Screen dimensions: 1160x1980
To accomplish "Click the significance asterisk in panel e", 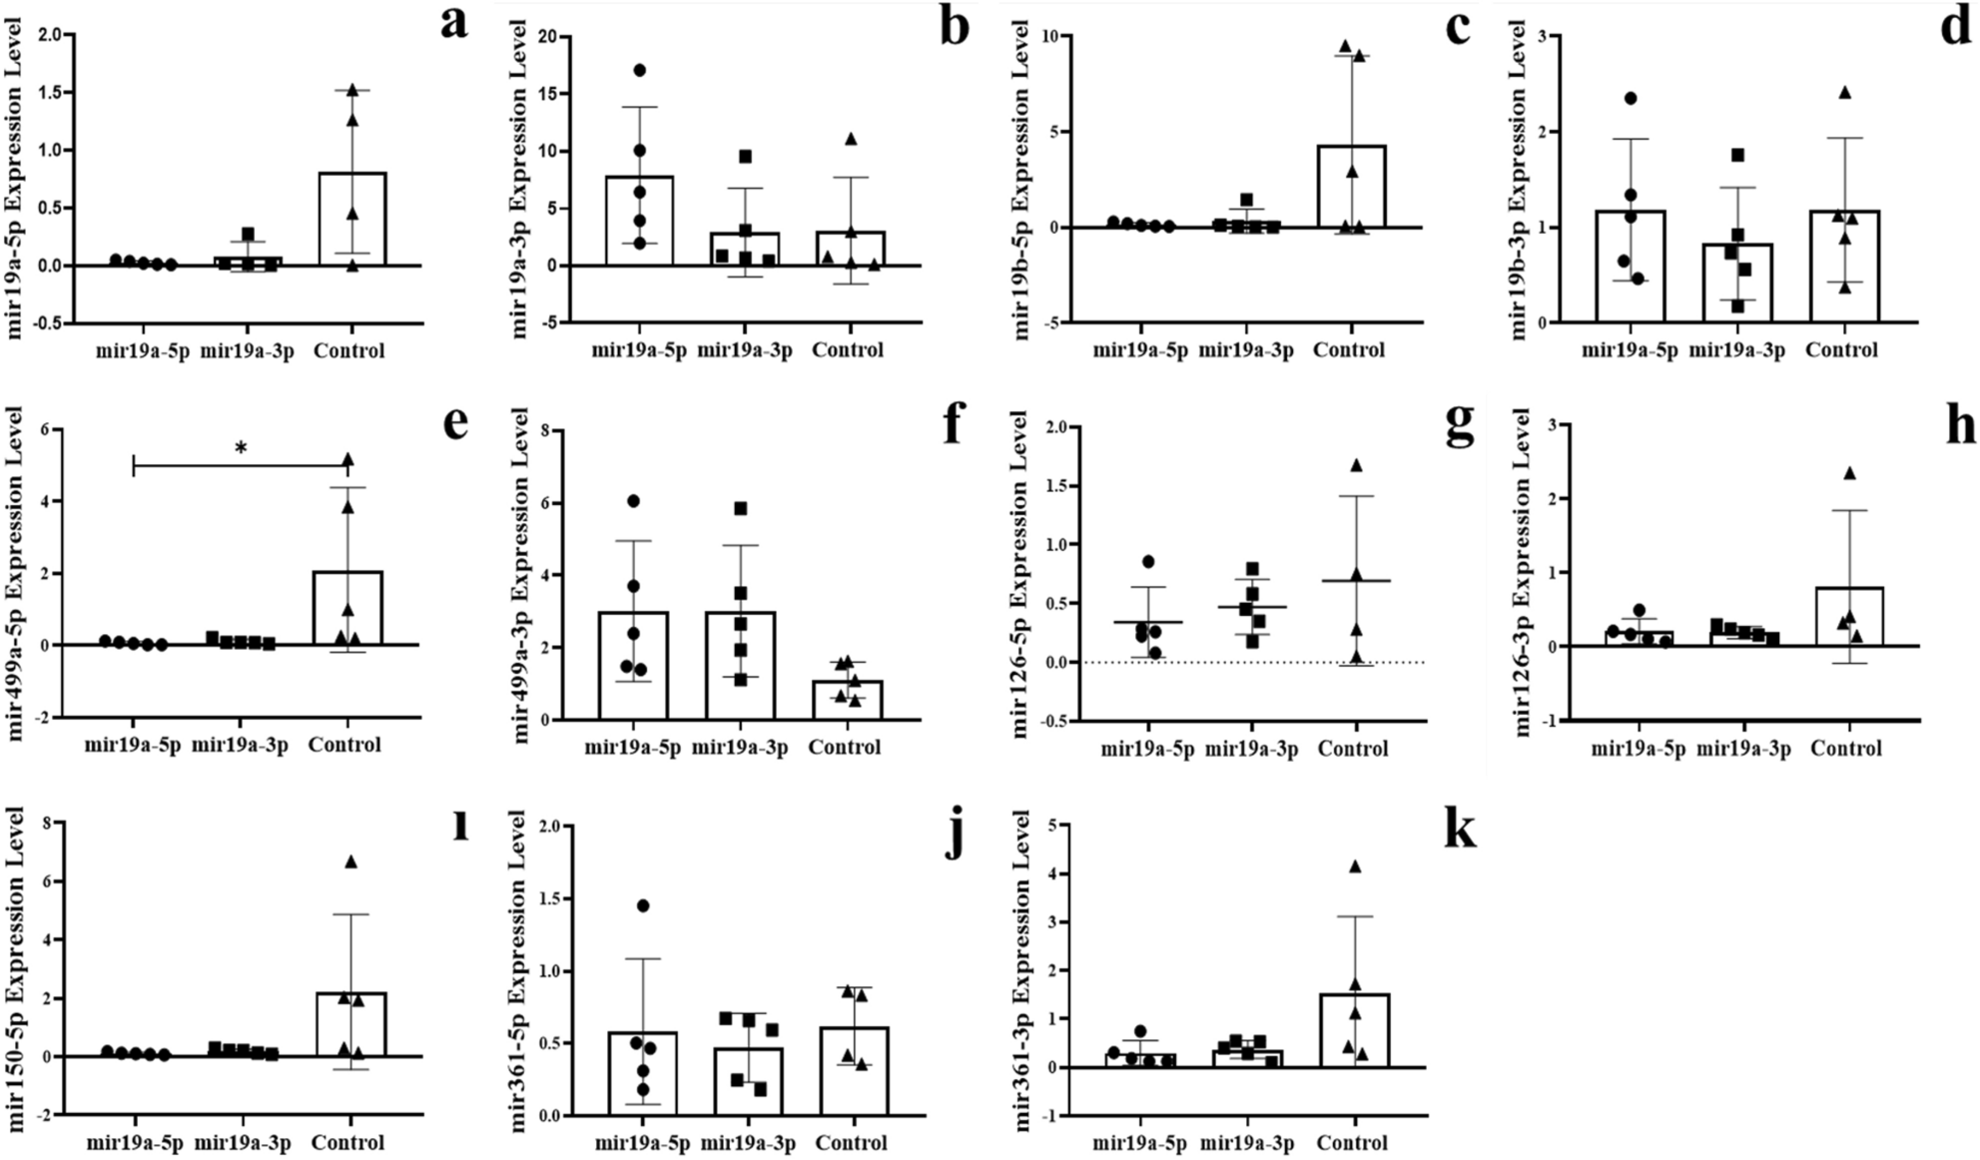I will [241, 448].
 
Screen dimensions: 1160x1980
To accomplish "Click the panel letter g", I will [1460, 426].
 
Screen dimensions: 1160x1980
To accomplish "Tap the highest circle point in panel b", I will [640, 70].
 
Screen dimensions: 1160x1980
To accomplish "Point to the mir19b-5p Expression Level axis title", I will [1020, 180].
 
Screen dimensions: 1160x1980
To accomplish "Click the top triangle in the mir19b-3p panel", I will [1844, 93].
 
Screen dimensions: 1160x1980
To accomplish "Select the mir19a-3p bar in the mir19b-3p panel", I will [1737, 284].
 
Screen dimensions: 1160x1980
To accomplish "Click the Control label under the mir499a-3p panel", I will [845, 748].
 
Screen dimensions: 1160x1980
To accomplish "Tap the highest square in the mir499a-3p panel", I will [740, 508].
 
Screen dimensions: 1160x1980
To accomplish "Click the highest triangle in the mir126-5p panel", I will [1356, 465].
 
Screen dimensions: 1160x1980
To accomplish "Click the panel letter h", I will [1961, 426].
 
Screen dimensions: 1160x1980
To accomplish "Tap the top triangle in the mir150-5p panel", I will [350, 863].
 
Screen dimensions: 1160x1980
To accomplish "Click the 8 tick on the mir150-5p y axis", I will [44, 824].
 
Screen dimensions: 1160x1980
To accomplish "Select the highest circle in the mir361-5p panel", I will [643, 905].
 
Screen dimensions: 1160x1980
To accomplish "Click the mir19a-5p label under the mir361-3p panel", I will [1139, 1143].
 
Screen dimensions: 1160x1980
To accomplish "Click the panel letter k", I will [1460, 831].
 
